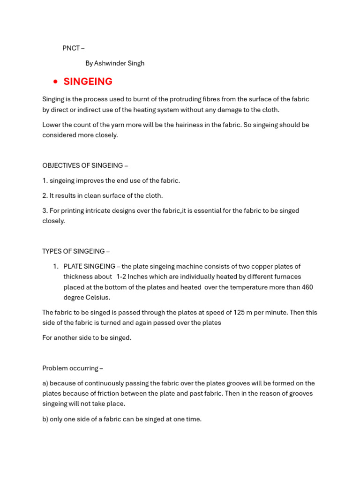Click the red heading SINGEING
click(88, 82)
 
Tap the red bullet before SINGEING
click(55, 82)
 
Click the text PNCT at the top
click(71, 48)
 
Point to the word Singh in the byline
click(136, 63)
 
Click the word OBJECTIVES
click(62, 165)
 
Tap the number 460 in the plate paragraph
click(307, 287)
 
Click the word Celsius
click(98, 297)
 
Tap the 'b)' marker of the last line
click(45, 419)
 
